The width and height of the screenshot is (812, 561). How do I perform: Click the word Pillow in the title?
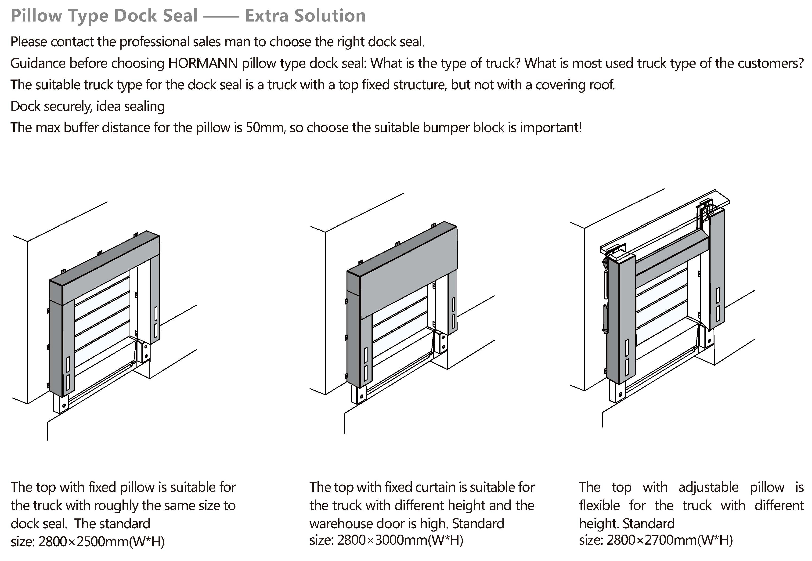36,16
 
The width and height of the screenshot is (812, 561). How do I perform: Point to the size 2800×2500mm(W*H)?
101,542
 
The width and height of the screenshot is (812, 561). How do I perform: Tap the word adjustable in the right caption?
708,487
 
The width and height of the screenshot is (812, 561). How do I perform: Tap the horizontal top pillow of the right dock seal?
671,258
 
